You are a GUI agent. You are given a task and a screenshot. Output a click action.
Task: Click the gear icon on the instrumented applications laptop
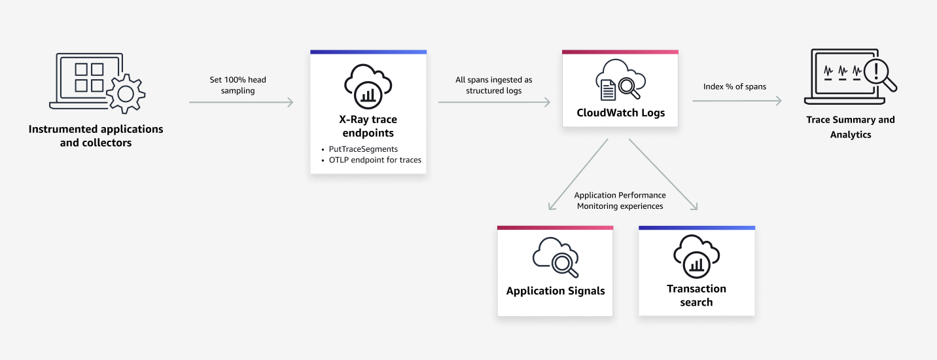point(126,94)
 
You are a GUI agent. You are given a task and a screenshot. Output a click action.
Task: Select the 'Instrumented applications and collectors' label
point(96,136)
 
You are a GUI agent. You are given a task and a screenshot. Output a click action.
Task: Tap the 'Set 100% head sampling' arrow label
point(238,85)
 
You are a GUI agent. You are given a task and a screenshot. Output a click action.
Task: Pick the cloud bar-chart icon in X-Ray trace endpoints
point(368,86)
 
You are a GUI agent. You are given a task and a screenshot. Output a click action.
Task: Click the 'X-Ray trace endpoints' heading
point(368,126)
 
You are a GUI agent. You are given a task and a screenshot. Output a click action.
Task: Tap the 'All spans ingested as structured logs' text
point(493,85)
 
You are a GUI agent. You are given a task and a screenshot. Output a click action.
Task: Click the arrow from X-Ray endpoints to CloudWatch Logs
point(493,102)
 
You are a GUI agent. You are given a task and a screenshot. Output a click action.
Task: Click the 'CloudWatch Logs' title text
point(620,113)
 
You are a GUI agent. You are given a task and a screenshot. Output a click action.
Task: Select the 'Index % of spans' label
point(734,86)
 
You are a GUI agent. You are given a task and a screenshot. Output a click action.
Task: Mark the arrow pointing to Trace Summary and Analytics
point(737,101)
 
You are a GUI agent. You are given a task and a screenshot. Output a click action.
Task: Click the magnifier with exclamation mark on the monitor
point(879,73)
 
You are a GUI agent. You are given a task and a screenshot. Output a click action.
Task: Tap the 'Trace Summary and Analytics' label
point(851,127)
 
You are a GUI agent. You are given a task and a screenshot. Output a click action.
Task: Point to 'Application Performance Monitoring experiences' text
point(620,200)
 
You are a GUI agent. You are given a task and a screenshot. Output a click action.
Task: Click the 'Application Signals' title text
point(555,291)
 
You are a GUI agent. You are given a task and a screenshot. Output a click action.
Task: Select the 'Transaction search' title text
point(696,295)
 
